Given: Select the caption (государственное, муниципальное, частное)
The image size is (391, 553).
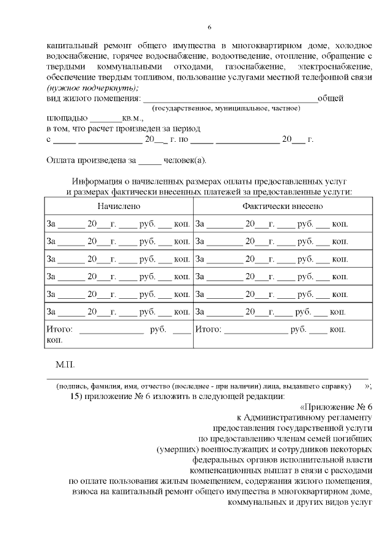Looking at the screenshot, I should pyautogui.click(x=226, y=108).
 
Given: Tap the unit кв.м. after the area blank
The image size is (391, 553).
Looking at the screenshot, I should pyautogui.click(x=133, y=118).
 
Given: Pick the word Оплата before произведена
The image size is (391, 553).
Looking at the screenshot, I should pyautogui.click(x=62, y=161).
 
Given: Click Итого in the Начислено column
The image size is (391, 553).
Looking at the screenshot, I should pyautogui.click(x=59, y=329).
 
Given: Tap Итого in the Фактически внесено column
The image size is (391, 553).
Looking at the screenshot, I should pyautogui.click(x=207, y=329).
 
